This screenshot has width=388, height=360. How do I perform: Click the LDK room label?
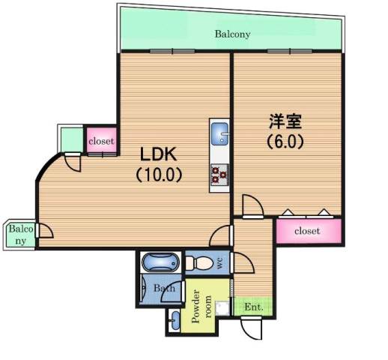[x=158, y=154]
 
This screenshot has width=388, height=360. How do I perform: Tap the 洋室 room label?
[x=285, y=121]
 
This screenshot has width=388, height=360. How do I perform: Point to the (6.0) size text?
[x=285, y=142]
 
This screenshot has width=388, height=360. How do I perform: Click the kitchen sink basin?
[x=219, y=133]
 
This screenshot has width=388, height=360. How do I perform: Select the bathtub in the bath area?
[x=160, y=262]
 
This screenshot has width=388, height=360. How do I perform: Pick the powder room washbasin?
[x=175, y=320]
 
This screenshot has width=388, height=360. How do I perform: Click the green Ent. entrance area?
[x=252, y=307]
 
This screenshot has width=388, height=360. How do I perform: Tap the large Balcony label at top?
[x=232, y=34]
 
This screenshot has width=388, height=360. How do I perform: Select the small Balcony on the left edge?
[x=19, y=235]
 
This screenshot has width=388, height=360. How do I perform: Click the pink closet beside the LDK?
[x=101, y=140]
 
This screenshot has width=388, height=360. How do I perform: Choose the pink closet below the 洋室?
[x=309, y=230]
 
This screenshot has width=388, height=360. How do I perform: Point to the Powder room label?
[x=201, y=306]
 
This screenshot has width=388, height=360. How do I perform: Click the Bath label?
[x=164, y=288]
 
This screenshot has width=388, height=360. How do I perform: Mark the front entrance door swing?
[x=252, y=328]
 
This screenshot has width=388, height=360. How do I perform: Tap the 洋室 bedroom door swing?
[x=252, y=205]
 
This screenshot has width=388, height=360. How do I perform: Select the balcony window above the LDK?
[x=172, y=51]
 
